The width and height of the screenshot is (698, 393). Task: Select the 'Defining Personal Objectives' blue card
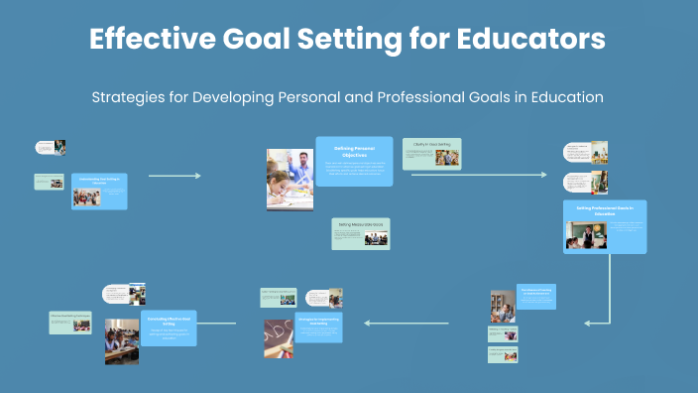pyautogui.click(x=353, y=161)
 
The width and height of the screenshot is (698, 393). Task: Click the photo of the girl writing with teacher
pyautogui.click(x=290, y=179)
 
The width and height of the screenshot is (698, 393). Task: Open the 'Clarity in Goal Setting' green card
pyautogui.click(x=436, y=152)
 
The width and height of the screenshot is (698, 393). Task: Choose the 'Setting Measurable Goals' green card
pyautogui.click(x=361, y=233)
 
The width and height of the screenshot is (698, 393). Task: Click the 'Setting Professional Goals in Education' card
pyautogui.click(x=604, y=226)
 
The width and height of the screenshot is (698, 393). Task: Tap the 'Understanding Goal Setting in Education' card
pyautogui.click(x=99, y=191)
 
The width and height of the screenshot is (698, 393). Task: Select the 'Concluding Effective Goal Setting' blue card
pyautogui.click(x=169, y=326)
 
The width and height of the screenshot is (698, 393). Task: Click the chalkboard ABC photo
pyautogui.click(x=279, y=337)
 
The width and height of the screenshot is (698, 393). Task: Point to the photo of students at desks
pyautogui.click(x=122, y=340)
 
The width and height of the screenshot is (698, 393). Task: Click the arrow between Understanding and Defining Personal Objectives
pyautogui.click(x=174, y=176)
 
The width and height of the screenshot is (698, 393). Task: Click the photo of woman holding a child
pyautogui.click(x=502, y=307)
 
